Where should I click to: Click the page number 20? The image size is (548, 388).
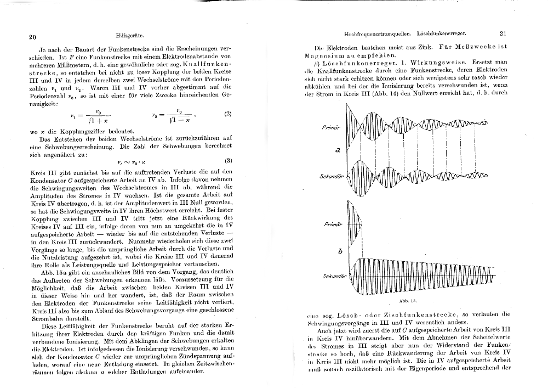(x=32, y=37)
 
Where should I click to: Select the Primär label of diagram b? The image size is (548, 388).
(x=333, y=225)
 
